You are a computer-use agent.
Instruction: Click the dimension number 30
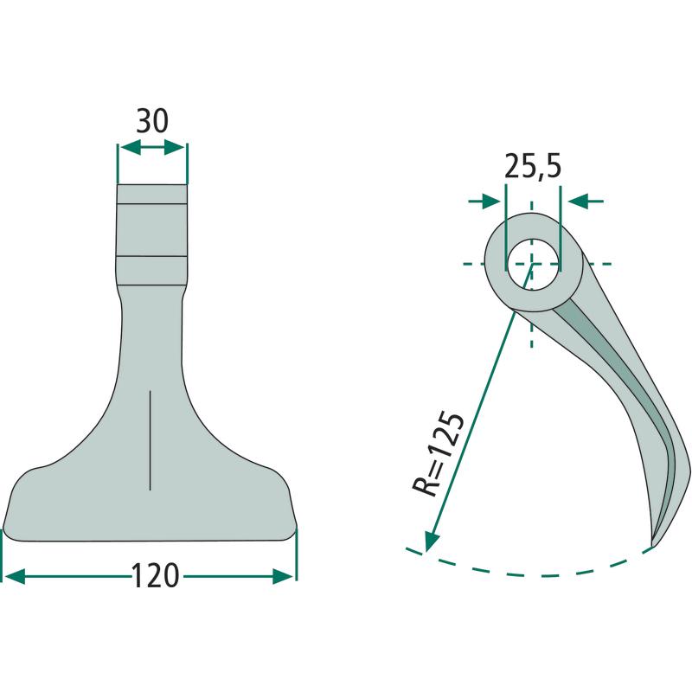(x=152, y=121)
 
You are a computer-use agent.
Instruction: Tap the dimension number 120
(x=156, y=576)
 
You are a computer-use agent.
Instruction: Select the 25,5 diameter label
(x=533, y=166)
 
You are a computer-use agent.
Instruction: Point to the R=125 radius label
(x=439, y=455)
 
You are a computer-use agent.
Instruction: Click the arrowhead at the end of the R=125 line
(x=430, y=541)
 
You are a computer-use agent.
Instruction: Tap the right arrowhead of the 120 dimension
(x=283, y=576)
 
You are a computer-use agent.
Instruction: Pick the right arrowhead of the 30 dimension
(x=175, y=147)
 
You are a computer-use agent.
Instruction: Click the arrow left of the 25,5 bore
(x=484, y=202)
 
